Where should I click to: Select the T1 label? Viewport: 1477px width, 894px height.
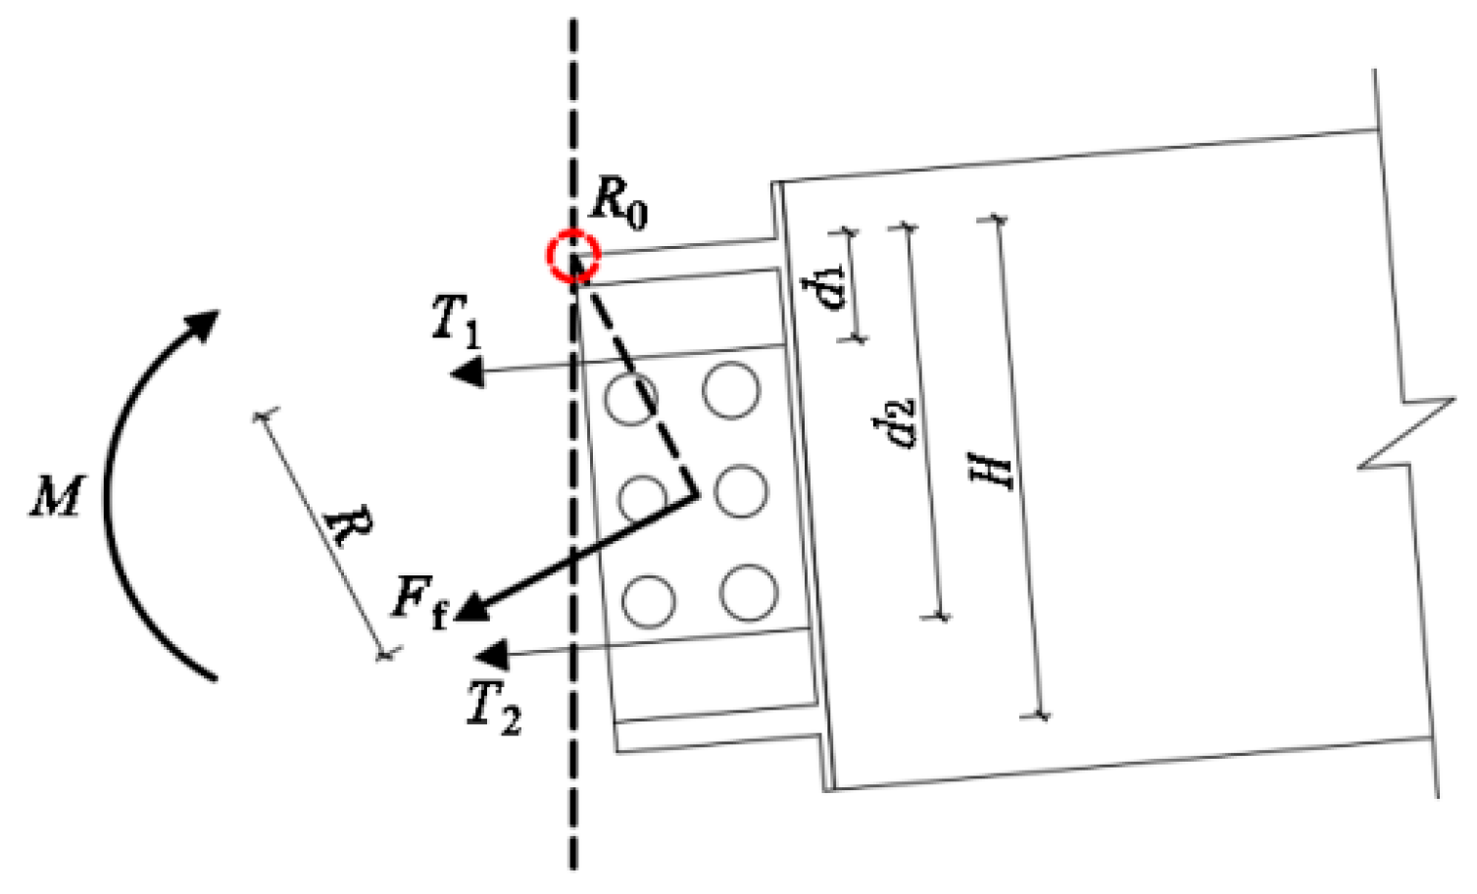click(x=457, y=321)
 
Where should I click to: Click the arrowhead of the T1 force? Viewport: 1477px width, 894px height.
click(x=468, y=372)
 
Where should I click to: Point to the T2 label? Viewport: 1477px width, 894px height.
click(x=493, y=706)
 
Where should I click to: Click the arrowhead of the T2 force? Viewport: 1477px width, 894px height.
click(x=488, y=655)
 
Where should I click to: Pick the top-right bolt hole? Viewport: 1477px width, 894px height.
click(x=731, y=391)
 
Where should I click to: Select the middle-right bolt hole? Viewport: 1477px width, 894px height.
click(x=740, y=491)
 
